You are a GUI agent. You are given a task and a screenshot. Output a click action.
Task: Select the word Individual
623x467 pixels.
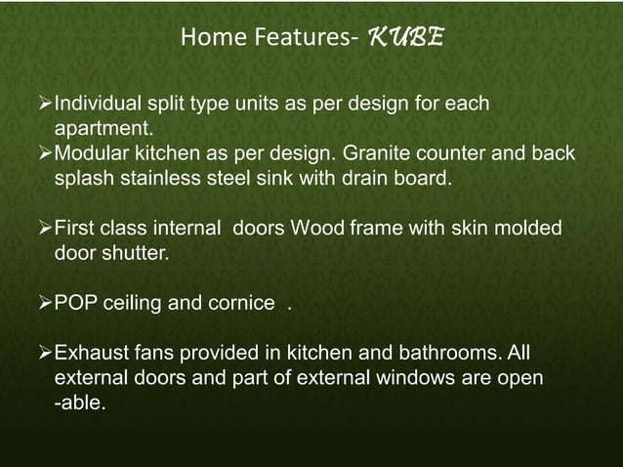tap(98, 104)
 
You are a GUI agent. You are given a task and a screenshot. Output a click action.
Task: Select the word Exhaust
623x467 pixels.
tap(90, 352)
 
